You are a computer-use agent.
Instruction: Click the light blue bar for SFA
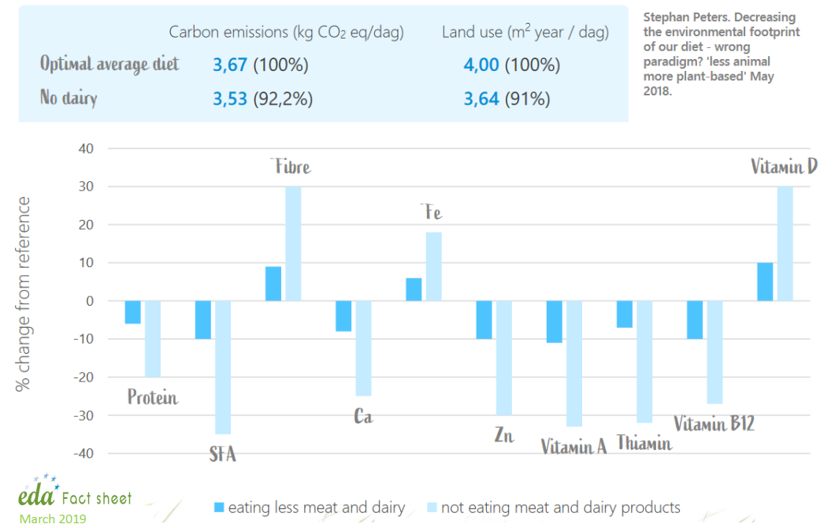223,367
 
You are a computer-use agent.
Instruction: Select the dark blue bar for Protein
132,312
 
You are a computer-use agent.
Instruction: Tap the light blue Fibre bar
293,244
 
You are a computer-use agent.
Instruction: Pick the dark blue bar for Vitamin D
765,281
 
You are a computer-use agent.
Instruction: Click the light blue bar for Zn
504,358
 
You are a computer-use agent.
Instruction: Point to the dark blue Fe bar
414,289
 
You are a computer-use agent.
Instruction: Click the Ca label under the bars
362,416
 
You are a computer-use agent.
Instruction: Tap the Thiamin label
644,443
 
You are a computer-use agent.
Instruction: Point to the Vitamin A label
573,446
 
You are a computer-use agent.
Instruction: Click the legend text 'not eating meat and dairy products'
560,508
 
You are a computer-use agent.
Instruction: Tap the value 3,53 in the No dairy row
231,99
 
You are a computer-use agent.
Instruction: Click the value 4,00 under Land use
481,65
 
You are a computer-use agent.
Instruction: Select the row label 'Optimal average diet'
109,63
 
